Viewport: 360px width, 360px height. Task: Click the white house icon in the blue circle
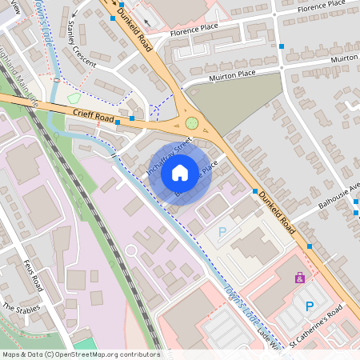click(x=180, y=172)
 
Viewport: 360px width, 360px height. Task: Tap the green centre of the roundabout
click(x=192, y=123)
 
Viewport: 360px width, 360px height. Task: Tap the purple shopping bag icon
click(x=300, y=278)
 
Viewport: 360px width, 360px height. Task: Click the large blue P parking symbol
click(x=310, y=306)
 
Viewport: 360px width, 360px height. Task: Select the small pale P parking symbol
click(x=222, y=231)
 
